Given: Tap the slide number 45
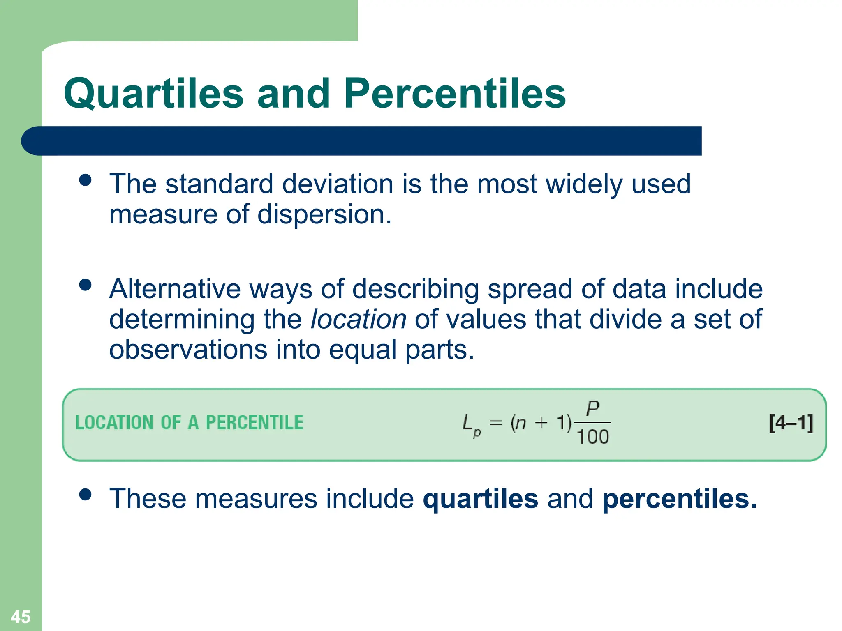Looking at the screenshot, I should [x=21, y=617].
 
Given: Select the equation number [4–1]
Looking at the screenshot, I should [x=791, y=423].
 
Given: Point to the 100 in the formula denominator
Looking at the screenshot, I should [x=592, y=437].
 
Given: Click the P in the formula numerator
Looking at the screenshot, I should [x=592, y=408].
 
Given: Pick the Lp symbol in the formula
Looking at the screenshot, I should [x=471, y=425].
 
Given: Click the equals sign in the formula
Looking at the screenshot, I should [x=496, y=423].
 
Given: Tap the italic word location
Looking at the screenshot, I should [x=359, y=319].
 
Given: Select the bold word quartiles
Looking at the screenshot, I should [x=481, y=499].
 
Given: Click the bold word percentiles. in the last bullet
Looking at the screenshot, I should [x=679, y=499].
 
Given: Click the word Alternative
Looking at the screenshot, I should [x=175, y=289].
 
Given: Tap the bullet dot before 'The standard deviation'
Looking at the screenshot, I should [x=85, y=180].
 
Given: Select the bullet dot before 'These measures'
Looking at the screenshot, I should [x=85, y=495].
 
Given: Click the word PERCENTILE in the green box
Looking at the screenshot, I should [x=254, y=423].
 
